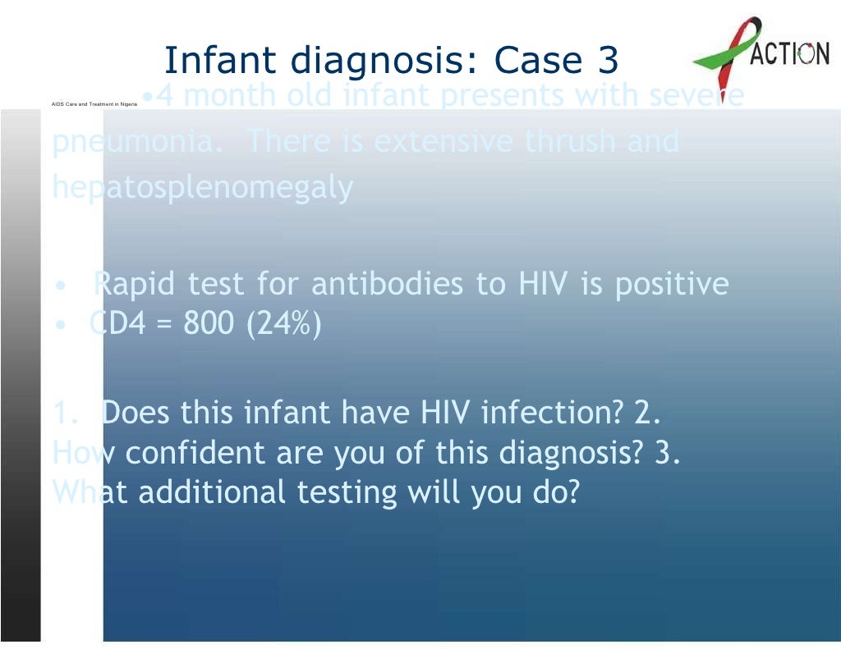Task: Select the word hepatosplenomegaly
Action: click(202, 189)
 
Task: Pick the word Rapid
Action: click(136, 285)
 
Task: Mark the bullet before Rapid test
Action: click(60, 286)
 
